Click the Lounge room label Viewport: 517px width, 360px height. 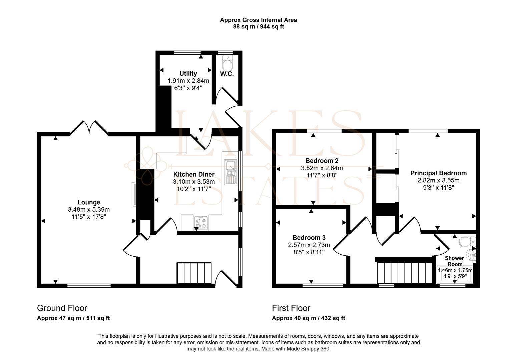point(89,202)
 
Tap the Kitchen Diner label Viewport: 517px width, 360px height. point(193,174)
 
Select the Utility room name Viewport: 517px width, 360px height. point(188,73)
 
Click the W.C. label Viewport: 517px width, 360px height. point(227,74)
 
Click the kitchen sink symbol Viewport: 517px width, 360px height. point(230,172)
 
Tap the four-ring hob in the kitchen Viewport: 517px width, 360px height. point(201,223)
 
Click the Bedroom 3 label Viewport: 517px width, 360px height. point(309,238)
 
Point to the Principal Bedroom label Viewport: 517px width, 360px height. point(438,173)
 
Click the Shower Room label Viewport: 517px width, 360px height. point(455,261)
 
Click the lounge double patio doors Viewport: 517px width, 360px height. point(89,127)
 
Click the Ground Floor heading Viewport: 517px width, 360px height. point(62,308)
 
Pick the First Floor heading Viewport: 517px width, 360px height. point(291,308)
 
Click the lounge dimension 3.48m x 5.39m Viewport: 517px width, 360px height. point(89,210)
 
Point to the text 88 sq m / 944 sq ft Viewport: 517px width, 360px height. point(258,27)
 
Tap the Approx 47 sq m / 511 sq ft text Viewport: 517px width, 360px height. point(73,318)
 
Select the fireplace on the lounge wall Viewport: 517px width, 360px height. point(133,194)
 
